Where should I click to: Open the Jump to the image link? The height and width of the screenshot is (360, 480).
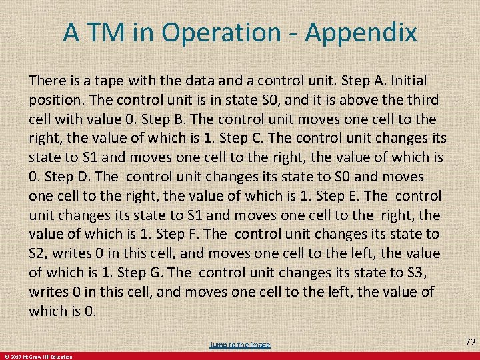[x=240, y=344]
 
